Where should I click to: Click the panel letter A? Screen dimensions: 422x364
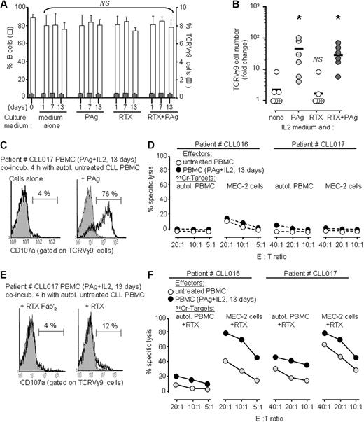point(6,6)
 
